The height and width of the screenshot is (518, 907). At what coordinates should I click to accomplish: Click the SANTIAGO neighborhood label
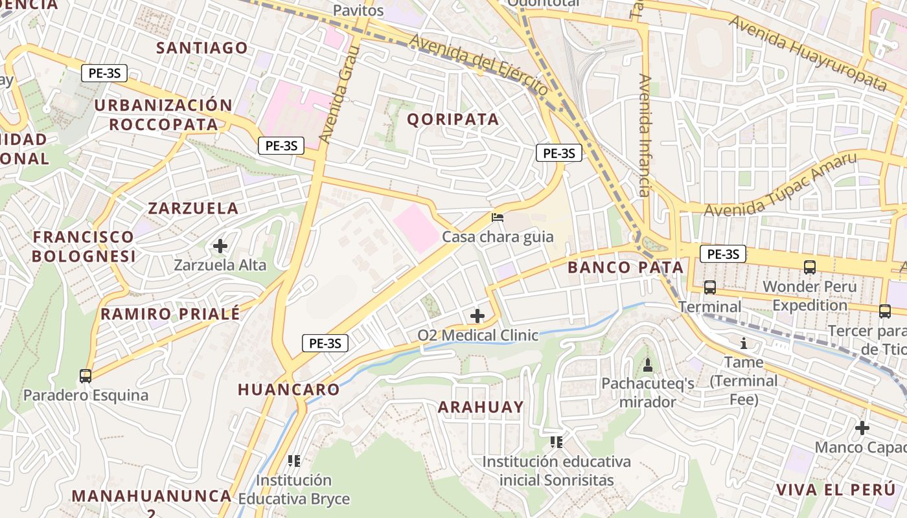pyautogui.click(x=202, y=48)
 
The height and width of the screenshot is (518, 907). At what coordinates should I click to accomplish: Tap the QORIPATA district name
pyautogui.click(x=454, y=119)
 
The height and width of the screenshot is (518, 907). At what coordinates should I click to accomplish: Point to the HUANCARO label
pyautogui.click(x=289, y=390)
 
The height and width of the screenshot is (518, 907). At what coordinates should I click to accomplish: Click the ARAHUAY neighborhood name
pyautogui.click(x=481, y=407)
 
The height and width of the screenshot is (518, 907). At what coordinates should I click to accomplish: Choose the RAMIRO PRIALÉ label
pyautogui.click(x=170, y=314)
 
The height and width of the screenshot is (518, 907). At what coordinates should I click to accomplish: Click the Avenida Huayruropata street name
pyautogui.click(x=807, y=52)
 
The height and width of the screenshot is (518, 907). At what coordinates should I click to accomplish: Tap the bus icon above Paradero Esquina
pyautogui.click(x=85, y=376)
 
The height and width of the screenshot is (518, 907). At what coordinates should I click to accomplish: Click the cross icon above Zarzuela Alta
pyautogui.click(x=220, y=246)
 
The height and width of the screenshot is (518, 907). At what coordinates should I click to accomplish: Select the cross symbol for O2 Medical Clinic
pyautogui.click(x=477, y=316)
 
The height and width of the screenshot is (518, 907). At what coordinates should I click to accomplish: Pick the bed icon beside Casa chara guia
pyautogui.click(x=498, y=218)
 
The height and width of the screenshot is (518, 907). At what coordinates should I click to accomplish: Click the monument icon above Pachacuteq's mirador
pyautogui.click(x=647, y=365)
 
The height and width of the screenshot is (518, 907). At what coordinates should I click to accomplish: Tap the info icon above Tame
pyautogui.click(x=744, y=343)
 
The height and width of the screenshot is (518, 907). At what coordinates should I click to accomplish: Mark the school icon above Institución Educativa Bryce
pyautogui.click(x=294, y=461)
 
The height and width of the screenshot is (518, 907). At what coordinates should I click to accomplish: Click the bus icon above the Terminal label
pyautogui.click(x=710, y=287)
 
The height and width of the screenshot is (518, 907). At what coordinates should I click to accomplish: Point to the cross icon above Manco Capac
pyautogui.click(x=862, y=428)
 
